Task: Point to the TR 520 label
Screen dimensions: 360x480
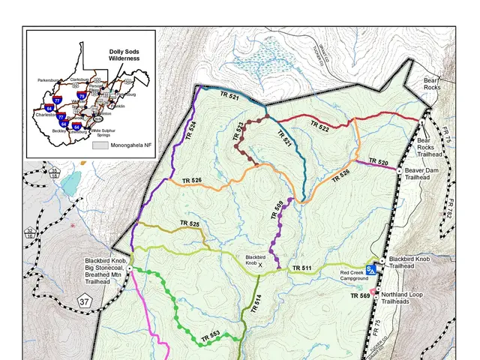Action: point(378,162)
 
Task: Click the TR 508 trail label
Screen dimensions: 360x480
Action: point(276,209)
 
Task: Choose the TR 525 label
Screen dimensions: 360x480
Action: point(189,224)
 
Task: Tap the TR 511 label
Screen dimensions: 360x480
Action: point(301,267)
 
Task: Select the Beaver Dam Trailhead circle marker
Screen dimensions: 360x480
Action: point(398,171)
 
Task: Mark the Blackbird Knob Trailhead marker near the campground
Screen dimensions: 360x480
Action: point(382,260)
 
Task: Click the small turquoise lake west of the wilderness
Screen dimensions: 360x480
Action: point(70,182)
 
